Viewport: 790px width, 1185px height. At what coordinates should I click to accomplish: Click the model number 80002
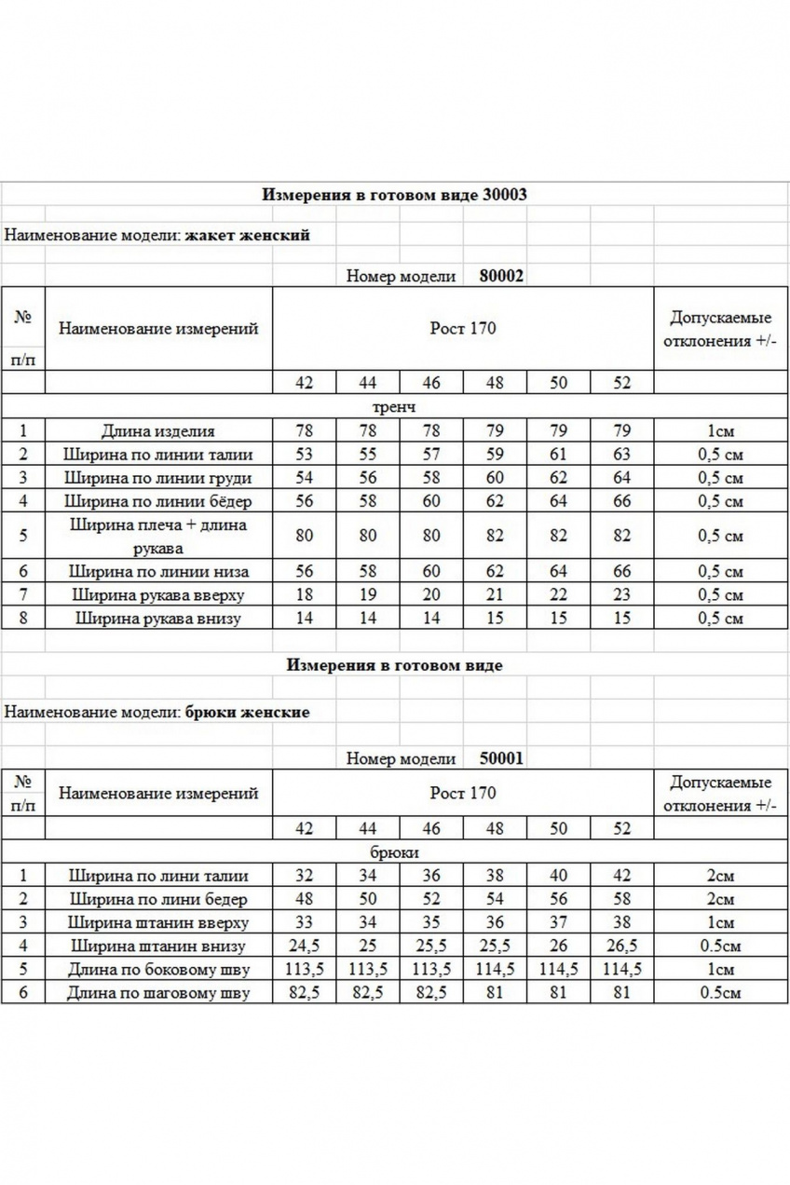(x=501, y=276)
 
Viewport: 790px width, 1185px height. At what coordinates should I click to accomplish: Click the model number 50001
(x=501, y=758)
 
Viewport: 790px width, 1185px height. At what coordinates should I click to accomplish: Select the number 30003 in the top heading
(x=505, y=195)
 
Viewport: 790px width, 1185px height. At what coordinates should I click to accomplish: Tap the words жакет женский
(x=247, y=235)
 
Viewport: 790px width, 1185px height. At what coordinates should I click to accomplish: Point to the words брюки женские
(x=247, y=712)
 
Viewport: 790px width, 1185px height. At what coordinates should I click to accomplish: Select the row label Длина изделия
(x=158, y=431)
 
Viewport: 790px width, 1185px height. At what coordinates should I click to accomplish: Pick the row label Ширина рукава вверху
(x=158, y=595)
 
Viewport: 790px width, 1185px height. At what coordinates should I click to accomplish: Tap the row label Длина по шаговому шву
(x=158, y=993)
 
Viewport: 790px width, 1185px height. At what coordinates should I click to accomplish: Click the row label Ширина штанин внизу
(x=158, y=947)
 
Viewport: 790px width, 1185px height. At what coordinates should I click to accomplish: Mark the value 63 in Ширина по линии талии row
(x=621, y=455)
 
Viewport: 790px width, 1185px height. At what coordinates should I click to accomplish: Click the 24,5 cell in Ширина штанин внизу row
(x=305, y=947)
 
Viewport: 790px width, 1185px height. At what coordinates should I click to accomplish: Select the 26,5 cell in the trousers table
(x=621, y=947)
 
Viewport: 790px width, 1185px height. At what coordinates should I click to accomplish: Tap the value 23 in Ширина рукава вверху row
(x=621, y=595)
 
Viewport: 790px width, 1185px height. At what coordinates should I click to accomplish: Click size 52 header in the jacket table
(x=621, y=383)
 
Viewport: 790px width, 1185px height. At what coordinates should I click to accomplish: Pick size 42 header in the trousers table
(x=305, y=828)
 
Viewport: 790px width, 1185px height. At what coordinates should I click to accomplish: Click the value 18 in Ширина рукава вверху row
(x=305, y=595)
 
